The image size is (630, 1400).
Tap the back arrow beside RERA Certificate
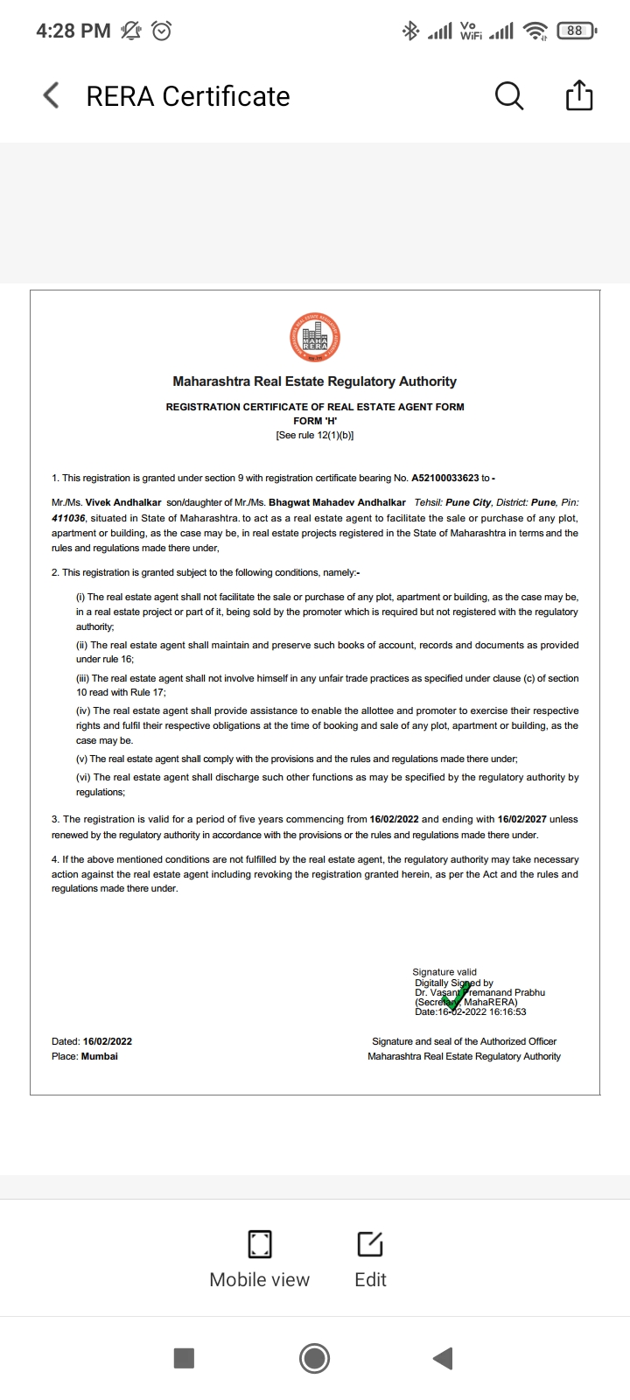coord(52,95)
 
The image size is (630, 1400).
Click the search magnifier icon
coord(508,95)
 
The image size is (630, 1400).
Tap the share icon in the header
coord(579,95)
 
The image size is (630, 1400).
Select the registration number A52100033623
coord(445,478)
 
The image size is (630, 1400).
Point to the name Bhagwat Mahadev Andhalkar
coord(337,502)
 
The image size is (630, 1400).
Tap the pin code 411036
coord(68,518)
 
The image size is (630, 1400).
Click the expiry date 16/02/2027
coord(521,819)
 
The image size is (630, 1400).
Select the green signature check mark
coord(455,996)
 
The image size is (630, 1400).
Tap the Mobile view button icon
coord(260,1243)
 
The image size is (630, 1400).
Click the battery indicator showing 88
coord(575,31)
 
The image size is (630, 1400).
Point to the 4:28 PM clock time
coord(73,31)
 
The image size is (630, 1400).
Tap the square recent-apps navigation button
coord(184,1358)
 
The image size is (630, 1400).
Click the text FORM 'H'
coord(315,421)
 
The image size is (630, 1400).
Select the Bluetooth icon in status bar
coord(410,31)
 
